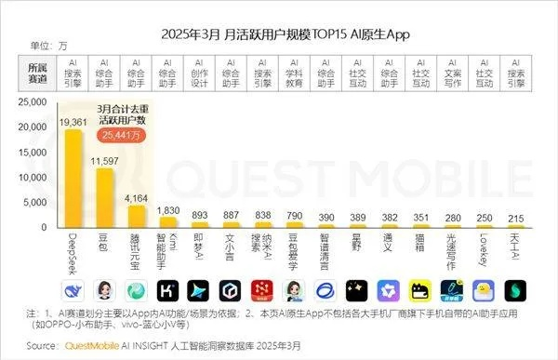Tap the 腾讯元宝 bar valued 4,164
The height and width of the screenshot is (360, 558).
[137, 217]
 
